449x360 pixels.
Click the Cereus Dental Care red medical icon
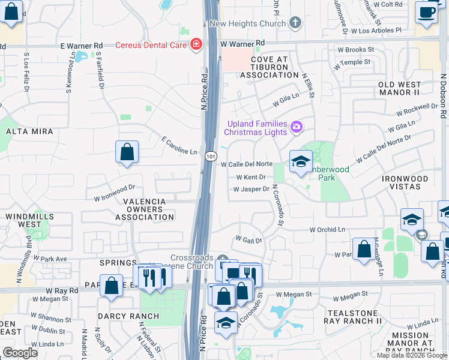point(195,44)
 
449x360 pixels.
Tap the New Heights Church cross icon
point(294,23)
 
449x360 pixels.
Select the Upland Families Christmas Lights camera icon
point(295,127)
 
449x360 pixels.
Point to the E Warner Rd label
point(82,45)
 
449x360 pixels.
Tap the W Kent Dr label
point(251,177)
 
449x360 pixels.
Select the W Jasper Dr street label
point(251,189)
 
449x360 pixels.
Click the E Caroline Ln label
point(179,152)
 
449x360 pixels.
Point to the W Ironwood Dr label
point(114,192)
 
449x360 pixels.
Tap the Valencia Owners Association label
point(136,209)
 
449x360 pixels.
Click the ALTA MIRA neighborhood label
point(29,131)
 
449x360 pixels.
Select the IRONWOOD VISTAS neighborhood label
point(405,183)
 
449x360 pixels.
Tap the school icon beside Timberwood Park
point(301,161)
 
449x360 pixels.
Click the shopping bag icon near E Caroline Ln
point(127,152)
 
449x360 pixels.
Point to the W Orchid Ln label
point(327,229)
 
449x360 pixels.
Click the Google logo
point(20,353)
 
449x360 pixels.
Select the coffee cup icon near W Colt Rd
point(426,11)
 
